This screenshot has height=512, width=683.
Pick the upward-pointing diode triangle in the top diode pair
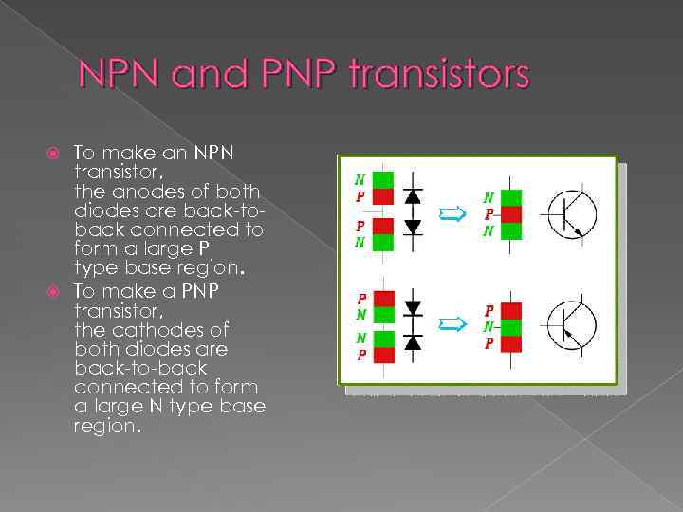click(413, 196)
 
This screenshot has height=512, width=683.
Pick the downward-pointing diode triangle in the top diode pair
click(413, 227)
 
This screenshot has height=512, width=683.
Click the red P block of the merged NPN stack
click(511, 214)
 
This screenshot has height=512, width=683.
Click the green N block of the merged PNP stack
click(511, 326)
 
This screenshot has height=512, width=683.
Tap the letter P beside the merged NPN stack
click(489, 214)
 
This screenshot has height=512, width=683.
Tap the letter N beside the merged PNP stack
click(489, 326)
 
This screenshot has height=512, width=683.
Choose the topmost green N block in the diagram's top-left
click(382, 179)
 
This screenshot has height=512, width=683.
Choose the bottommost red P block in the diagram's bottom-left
click(382, 356)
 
